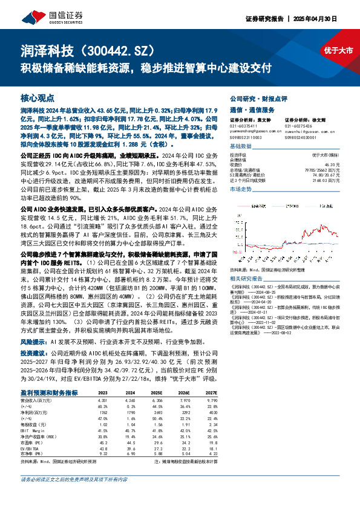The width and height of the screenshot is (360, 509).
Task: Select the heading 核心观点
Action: pos(38,97)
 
